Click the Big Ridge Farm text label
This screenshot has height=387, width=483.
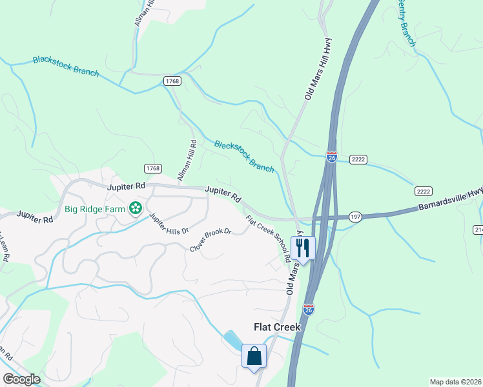pos(96,208)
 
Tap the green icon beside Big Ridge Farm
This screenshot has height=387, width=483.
pos(136,208)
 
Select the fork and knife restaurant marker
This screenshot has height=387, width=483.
pos(302,248)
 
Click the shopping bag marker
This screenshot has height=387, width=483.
pos(254,356)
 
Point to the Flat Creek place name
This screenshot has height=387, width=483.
pos(276,327)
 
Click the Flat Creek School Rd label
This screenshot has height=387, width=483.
pos(268,238)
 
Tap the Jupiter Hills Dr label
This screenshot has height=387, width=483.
pos(169,223)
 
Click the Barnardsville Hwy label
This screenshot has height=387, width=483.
pos(449,201)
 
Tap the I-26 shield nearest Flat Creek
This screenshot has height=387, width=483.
pos(309,310)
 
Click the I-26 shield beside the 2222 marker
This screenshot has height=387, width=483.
pos(331,157)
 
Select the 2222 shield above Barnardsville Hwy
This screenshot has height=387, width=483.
pos(423,192)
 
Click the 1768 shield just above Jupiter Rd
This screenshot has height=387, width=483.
pos(152,168)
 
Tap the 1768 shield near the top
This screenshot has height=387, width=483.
pos(172,81)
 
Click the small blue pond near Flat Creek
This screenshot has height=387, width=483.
pos(232,338)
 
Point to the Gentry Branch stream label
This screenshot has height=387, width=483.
pos(406,19)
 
